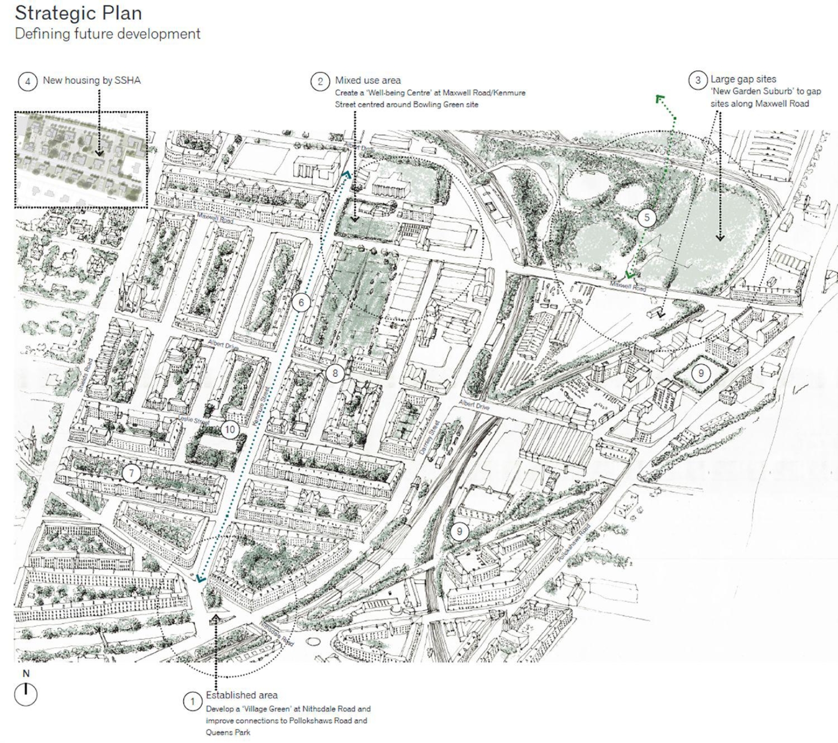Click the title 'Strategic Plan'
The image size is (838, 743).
pyautogui.click(x=78, y=13)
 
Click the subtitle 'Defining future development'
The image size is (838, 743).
pyautogui.click(x=108, y=34)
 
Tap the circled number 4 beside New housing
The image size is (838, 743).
pyautogui.click(x=27, y=82)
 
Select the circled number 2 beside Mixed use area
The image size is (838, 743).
pyautogui.click(x=320, y=82)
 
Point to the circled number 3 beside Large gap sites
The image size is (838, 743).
pyautogui.click(x=698, y=80)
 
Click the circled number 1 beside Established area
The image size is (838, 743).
pyautogui.click(x=192, y=702)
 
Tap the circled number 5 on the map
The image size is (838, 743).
pyautogui.click(x=647, y=218)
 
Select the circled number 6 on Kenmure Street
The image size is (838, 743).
pyautogui.click(x=301, y=303)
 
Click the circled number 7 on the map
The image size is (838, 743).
pyautogui.click(x=132, y=473)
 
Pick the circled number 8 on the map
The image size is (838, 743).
pyautogui.click(x=335, y=373)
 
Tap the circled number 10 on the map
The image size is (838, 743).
pyautogui.click(x=230, y=430)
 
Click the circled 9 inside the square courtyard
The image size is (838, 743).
pyautogui.click(x=701, y=373)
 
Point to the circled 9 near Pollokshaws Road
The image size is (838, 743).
pyautogui.click(x=459, y=531)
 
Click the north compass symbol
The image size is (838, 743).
pyautogui.click(x=26, y=694)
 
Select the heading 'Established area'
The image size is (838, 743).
pyautogui.click(x=242, y=695)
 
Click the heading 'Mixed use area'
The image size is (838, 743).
pyautogui.click(x=368, y=81)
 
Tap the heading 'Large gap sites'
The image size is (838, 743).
pyautogui.click(x=743, y=79)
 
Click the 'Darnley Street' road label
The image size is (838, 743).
pyautogui.click(x=430, y=437)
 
